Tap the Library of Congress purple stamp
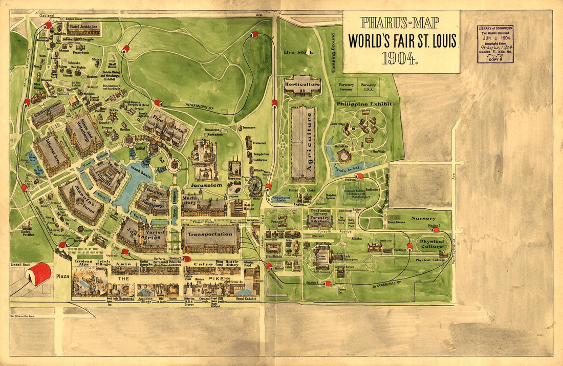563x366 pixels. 495,44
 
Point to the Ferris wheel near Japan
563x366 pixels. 254,186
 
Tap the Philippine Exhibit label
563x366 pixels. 364,104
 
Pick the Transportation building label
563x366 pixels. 210,234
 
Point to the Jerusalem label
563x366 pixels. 206,184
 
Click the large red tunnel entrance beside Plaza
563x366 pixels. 38,273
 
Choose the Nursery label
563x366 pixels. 423,217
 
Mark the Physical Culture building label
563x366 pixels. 431,243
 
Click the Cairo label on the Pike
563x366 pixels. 207,264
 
